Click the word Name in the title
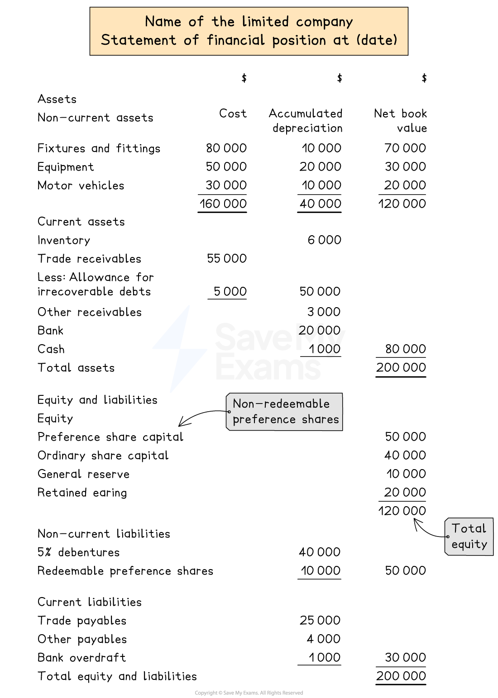pyautogui.click(x=163, y=22)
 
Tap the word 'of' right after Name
pyautogui.click(x=196, y=22)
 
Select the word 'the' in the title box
pyautogui.click(x=223, y=22)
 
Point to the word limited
pyautogui.click(x=265, y=22)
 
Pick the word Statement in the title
pyautogui.click(x=139, y=40)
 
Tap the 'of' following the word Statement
pyautogui.click(x=191, y=40)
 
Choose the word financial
pyautogui.click(x=235, y=40)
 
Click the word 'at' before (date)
pyautogui.click(x=341, y=40)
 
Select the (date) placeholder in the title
pyautogui.click(x=377, y=40)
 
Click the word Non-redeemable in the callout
pyautogui.click(x=281, y=404)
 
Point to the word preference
pyautogui.click(x=264, y=420)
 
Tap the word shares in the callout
pyautogui.click(x=320, y=419)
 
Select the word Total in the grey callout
pyautogui.click(x=469, y=528)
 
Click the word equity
pyautogui.click(x=469, y=545)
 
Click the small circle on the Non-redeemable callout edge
pyautogui.click(x=229, y=412)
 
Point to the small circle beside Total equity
pyautogui.click(x=448, y=537)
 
